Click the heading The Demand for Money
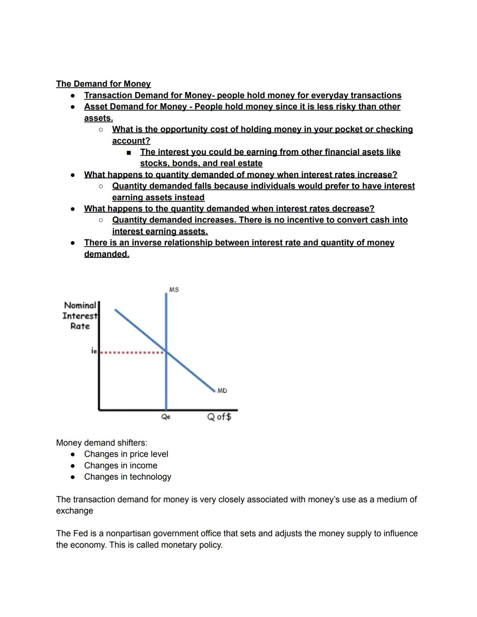pos(103,84)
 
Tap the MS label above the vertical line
pos(174,290)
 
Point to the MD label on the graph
pos(222,390)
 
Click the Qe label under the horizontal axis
pos(166,416)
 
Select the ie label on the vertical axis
pos(94,351)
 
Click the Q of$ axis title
pos(220,416)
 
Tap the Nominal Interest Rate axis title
pos(80,316)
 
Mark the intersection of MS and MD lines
pos(166,352)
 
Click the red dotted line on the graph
pos(132,352)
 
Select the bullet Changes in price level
pos(126,454)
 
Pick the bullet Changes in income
pos(121,466)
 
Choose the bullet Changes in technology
pos(128,477)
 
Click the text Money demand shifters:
pos(102,443)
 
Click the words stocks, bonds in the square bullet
pos(170,163)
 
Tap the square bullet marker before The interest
pos(129,152)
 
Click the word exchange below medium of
pos(74,511)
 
